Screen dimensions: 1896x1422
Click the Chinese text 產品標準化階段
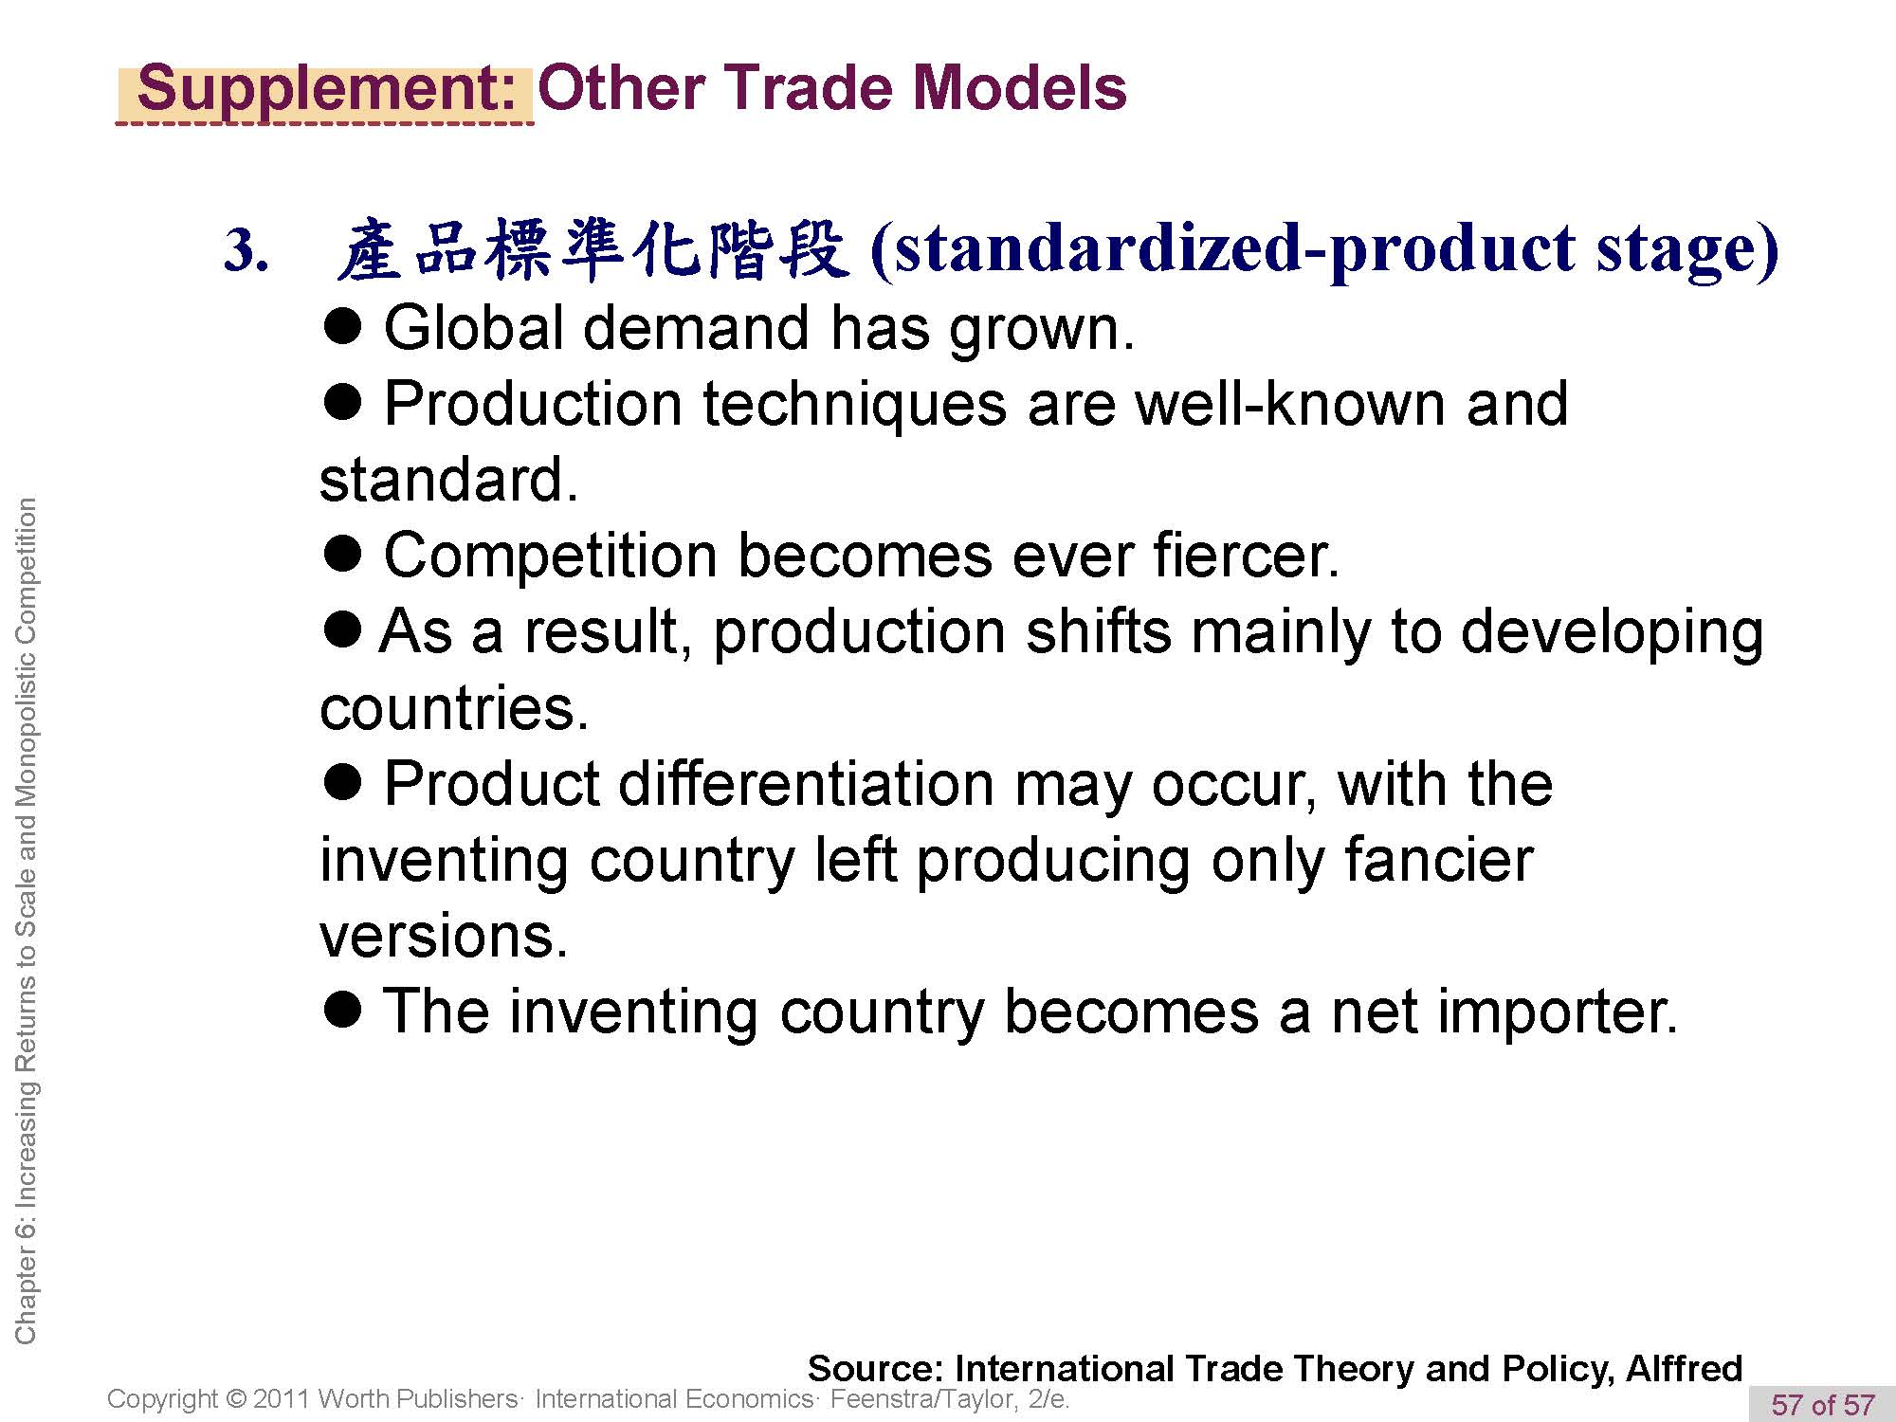(x=592, y=249)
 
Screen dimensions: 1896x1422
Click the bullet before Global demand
(x=342, y=325)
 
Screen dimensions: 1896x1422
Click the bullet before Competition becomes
(x=342, y=553)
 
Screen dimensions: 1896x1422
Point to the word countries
(x=454, y=708)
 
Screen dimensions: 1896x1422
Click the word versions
(x=444, y=937)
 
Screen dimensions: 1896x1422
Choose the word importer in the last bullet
(x=1504, y=1012)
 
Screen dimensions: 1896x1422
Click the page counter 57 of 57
(x=1823, y=1404)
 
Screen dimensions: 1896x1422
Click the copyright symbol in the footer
(x=236, y=1399)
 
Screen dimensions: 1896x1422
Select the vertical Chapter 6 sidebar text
(x=26, y=921)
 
